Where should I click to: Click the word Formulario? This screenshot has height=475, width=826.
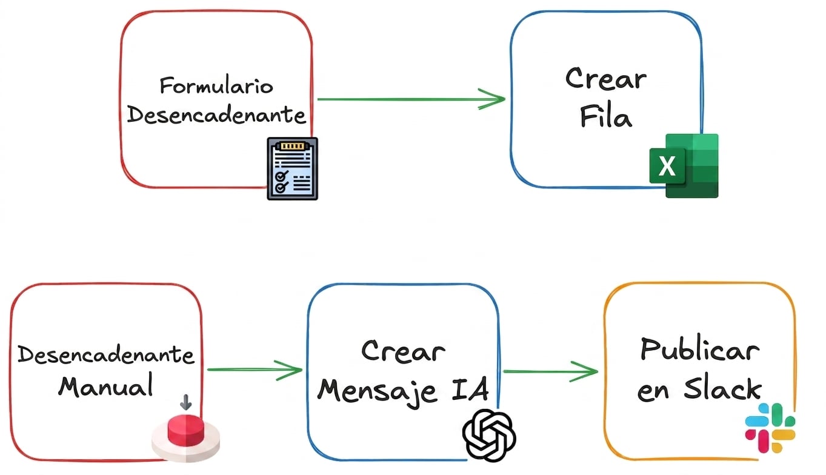(x=216, y=85)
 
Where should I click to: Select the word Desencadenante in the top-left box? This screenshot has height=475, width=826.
(x=216, y=115)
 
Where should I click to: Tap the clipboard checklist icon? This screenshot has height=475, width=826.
(x=293, y=168)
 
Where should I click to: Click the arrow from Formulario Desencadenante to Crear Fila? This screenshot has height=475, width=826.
(x=411, y=99)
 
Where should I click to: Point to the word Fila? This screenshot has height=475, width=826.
(x=606, y=117)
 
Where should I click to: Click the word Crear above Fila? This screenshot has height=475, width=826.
(x=606, y=78)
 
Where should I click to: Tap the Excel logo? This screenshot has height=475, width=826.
(x=684, y=166)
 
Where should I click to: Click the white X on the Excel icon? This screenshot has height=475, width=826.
(x=667, y=166)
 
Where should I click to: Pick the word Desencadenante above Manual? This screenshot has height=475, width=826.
(x=106, y=355)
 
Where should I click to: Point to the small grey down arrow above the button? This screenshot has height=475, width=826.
(x=186, y=402)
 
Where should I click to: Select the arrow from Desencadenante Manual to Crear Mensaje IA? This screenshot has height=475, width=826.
(x=255, y=370)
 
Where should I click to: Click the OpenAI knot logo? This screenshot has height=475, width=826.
(x=489, y=435)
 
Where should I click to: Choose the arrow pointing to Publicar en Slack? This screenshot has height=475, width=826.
(x=550, y=371)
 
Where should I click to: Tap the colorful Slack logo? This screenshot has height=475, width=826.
(x=770, y=428)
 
